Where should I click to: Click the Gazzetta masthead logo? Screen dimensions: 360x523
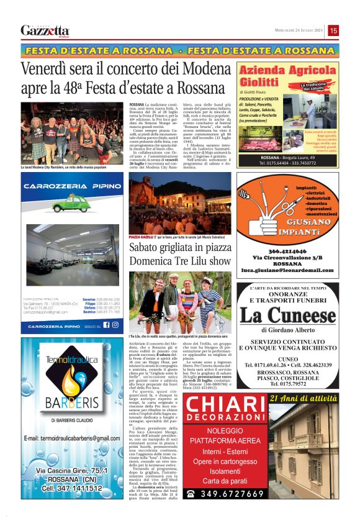[45, 30]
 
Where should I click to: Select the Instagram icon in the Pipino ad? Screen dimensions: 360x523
[115, 325]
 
